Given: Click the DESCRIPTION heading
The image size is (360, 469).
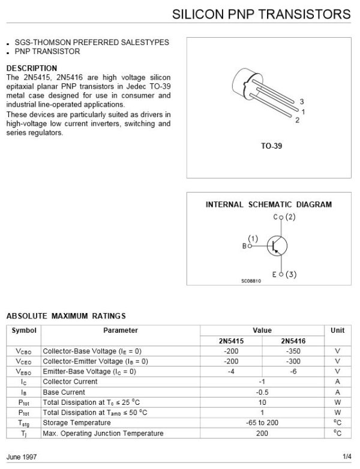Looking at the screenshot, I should click(31, 68).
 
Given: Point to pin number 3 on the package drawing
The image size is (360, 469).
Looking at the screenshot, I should click(302, 101).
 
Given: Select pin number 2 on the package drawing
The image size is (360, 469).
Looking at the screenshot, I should click(297, 120).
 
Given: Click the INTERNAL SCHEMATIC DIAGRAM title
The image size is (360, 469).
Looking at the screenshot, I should click(268, 205).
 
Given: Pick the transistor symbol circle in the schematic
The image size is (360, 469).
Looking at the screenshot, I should click(277, 246).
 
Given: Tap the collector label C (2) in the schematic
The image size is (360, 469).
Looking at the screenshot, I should click(284, 217).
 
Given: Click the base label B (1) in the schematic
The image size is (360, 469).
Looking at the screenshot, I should click(250, 242).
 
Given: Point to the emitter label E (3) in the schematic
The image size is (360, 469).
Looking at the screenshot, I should click(284, 275).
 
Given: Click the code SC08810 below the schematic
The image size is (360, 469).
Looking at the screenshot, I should click(251, 281).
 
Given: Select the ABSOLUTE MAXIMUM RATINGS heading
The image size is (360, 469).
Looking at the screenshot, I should click(65, 315).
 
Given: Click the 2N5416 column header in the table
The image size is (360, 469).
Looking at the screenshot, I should click(293, 341).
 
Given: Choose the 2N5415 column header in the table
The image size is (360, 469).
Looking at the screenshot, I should click(231, 341).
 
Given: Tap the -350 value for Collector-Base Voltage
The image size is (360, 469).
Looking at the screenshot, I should click(293, 351).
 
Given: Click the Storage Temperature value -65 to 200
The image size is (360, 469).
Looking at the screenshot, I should click(262, 423).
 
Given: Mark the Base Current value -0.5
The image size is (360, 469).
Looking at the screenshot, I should click(262, 392).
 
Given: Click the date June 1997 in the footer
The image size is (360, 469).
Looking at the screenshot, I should click(22, 457).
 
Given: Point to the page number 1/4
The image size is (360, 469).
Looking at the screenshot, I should click(347, 457).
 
